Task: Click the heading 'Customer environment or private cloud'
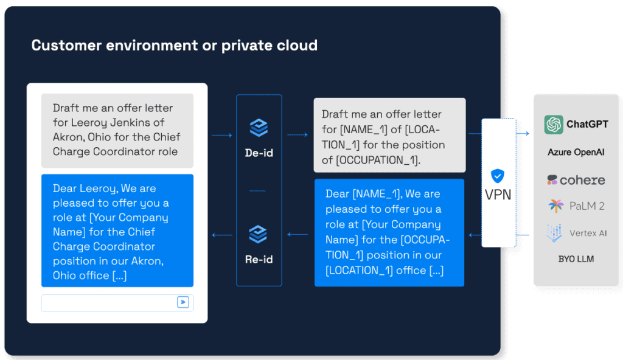click(175, 45)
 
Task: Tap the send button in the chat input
click(183, 302)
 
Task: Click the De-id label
click(259, 153)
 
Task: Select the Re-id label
click(259, 260)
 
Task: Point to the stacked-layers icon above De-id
click(259, 128)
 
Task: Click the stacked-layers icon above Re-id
click(258, 234)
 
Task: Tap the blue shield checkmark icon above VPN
click(498, 176)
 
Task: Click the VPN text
click(498, 195)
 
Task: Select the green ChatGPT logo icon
click(554, 125)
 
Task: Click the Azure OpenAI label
click(576, 152)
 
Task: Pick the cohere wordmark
click(582, 181)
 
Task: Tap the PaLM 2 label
click(587, 206)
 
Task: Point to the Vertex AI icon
click(554, 233)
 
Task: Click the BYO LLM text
click(576, 259)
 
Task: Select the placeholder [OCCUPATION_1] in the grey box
click(377, 160)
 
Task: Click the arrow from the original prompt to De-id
click(221, 136)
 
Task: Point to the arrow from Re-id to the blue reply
click(222, 235)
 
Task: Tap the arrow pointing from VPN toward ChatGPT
click(523, 134)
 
